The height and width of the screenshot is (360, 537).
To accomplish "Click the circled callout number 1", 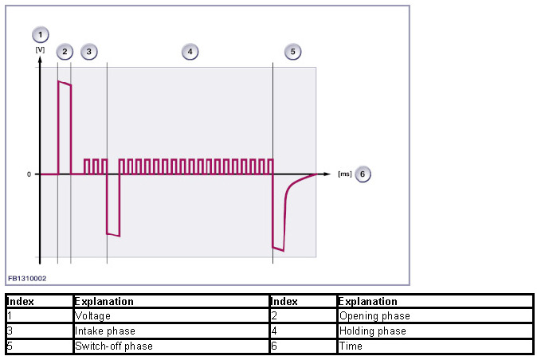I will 40,34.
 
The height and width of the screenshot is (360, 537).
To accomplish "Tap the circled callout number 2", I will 65,52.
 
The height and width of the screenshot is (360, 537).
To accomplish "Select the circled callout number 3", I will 88,52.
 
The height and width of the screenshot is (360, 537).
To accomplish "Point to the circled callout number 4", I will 190,52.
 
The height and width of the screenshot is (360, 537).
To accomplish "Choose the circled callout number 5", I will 292,52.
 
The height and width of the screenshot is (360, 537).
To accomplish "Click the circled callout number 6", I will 363,174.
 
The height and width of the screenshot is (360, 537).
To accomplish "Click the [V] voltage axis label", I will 39,49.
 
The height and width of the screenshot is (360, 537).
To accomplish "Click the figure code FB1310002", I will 27,279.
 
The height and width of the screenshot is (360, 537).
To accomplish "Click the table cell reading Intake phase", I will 104,331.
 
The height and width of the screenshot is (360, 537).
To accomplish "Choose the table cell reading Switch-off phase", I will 113,346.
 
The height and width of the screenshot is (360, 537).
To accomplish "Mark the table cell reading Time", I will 350,346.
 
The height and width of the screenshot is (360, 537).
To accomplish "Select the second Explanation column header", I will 367,302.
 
